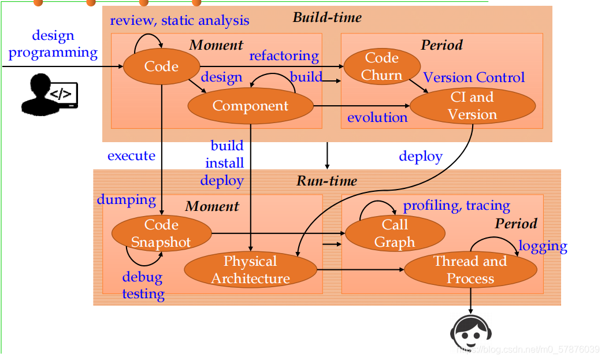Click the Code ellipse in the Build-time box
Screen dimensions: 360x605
coord(161,66)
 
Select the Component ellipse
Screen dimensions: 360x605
coord(250,106)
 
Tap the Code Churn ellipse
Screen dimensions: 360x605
coord(381,66)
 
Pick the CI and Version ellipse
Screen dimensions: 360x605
coord(472,106)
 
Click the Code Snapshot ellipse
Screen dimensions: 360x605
coord(161,233)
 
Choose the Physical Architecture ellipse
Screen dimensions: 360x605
coord(250,270)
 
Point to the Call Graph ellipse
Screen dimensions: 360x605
coord(395,233)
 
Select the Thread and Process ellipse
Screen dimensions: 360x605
coord(470,270)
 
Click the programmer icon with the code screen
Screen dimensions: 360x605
coord(49,92)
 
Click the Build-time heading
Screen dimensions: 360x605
coord(327,17)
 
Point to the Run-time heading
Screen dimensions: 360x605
coord(327,181)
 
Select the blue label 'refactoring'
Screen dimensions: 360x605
coord(284,56)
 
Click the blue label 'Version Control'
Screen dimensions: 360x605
coord(474,77)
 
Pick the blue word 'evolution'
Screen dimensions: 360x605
coord(377,117)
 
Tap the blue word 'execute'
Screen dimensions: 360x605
coord(131,155)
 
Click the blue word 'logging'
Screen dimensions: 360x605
coord(543,246)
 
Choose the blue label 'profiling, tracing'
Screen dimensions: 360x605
coord(456,206)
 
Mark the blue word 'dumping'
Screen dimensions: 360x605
coord(127,200)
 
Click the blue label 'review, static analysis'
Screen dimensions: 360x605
coord(180,21)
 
